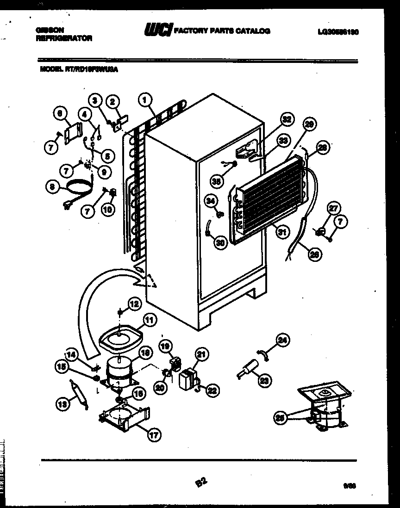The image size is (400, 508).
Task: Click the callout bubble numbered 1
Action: tap(145, 99)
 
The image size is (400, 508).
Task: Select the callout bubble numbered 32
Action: tap(287, 120)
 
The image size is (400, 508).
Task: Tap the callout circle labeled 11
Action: tap(149, 319)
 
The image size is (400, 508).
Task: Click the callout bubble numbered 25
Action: tap(279, 417)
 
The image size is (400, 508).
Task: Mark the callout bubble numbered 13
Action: tap(62, 405)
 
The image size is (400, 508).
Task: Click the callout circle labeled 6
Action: tap(60, 112)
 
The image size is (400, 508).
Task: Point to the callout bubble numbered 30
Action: tap(221, 242)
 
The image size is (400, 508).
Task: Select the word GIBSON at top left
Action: tap(50, 29)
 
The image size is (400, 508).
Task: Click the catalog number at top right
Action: tap(338, 32)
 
